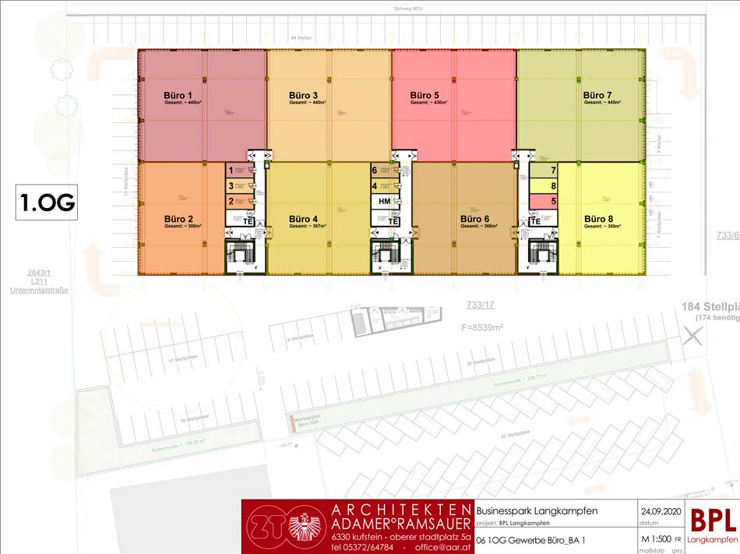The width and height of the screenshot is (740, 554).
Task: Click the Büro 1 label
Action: [x=157, y=94]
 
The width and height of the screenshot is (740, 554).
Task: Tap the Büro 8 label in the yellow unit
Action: [x=599, y=218]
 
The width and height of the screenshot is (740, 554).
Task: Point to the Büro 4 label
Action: [x=303, y=218]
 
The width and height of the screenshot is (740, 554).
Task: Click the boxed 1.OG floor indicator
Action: [x=48, y=203]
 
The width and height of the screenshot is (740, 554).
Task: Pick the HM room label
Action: [x=384, y=202]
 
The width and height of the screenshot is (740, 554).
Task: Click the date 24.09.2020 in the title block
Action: [x=661, y=511]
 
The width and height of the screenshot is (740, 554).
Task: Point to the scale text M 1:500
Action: [x=657, y=538]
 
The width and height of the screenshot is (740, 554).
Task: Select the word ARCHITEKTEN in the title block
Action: [x=401, y=509]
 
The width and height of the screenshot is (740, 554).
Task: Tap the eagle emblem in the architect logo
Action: [x=305, y=528]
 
